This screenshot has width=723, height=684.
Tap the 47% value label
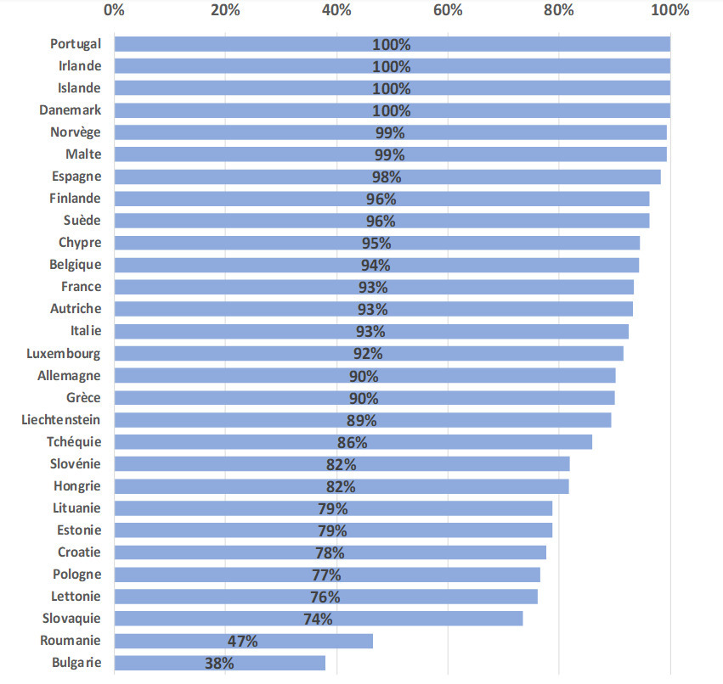[243, 641]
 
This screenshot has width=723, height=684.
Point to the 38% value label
[219, 663]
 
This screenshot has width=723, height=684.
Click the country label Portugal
[76, 44]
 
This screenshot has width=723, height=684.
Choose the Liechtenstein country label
[61, 419]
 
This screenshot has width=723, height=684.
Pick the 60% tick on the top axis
[447, 10]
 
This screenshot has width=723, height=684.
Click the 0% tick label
[114, 10]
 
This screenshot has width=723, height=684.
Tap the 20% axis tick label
[224, 10]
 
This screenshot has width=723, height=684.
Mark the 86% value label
[353, 442]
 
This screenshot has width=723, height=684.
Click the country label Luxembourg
[63, 353]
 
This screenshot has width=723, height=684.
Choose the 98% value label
[387, 177]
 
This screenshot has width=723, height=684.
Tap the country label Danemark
[70, 110]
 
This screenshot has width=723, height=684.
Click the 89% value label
[362, 420]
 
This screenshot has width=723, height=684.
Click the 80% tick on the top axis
[558, 10]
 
